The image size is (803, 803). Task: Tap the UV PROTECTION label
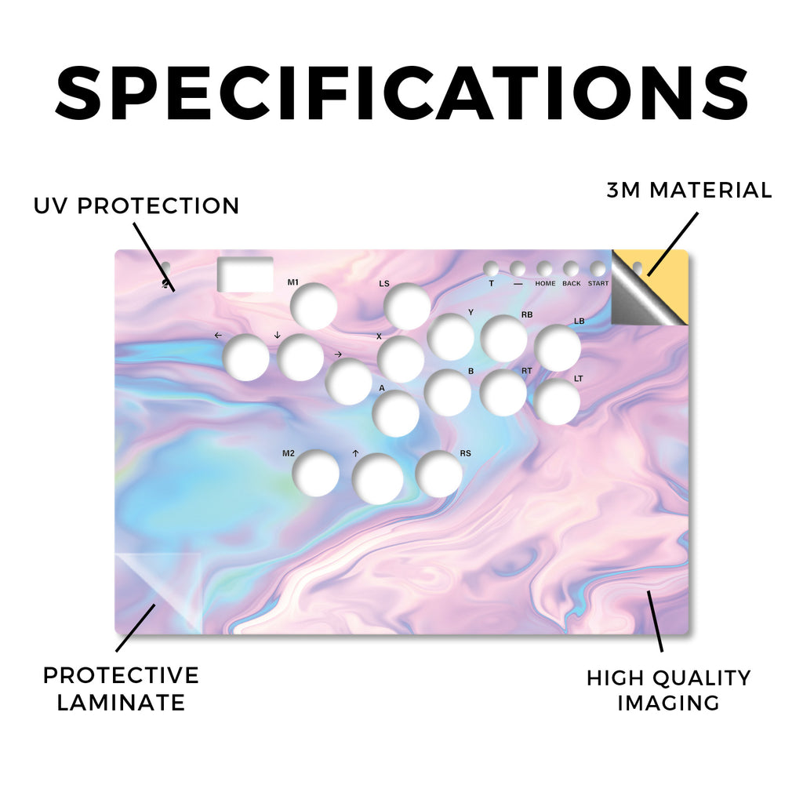pyautogui.click(x=136, y=206)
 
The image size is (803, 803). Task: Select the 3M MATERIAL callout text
pyautogui.click(x=689, y=190)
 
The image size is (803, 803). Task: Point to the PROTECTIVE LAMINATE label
pyautogui.click(x=121, y=689)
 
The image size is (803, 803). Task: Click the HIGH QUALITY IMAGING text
pyautogui.click(x=668, y=690)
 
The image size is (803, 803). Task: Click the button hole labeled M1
pyautogui.click(x=314, y=307)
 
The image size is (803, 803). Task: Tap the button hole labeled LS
pyautogui.click(x=407, y=307)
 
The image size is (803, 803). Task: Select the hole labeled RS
pyautogui.click(x=439, y=474)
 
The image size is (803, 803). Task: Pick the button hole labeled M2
pyautogui.click(x=315, y=473)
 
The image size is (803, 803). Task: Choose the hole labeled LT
pyautogui.click(x=557, y=401)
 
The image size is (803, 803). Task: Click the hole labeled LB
pyautogui.click(x=558, y=347)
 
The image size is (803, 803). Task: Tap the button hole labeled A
pyautogui.click(x=396, y=413)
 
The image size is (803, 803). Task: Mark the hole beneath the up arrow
pyautogui.click(x=378, y=478)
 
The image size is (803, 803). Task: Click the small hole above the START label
pyautogui.click(x=598, y=269)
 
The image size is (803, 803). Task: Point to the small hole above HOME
pyautogui.click(x=544, y=269)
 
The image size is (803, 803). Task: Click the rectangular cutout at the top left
pyautogui.click(x=245, y=274)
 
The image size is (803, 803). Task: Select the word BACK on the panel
pyautogui.click(x=572, y=283)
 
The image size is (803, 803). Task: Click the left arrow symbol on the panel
pyautogui.click(x=218, y=336)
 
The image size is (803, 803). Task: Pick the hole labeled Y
pyautogui.click(x=450, y=336)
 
